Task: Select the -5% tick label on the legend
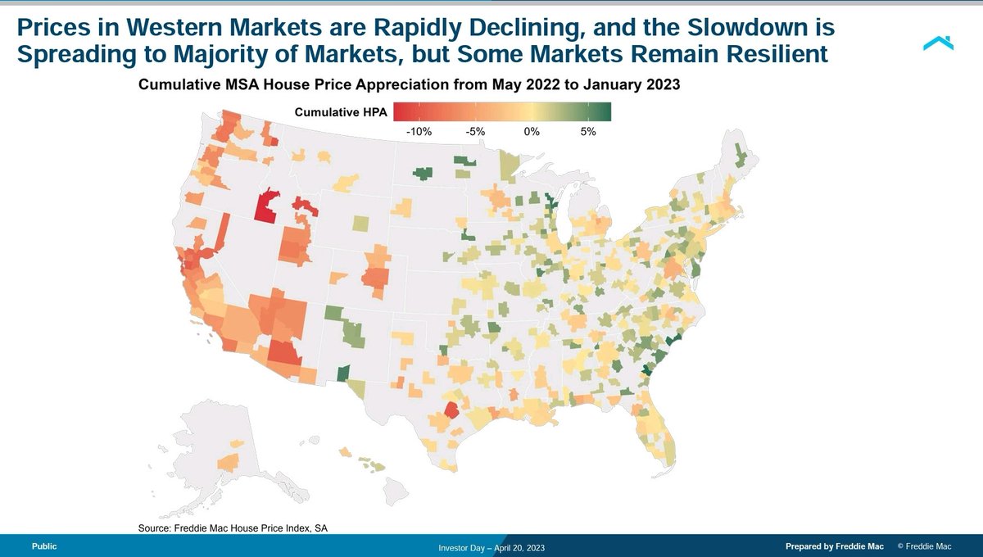point(475,131)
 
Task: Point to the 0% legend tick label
point(531,131)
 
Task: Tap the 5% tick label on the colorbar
point(587,131)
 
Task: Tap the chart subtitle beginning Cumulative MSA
point(410,85)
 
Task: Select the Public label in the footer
point(44,546)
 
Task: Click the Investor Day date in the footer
point(491,547)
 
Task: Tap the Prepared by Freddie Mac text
point(834,546)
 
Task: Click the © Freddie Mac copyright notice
point(924,546)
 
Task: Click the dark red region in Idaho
point(265,207)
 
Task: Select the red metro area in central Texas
point(451,410)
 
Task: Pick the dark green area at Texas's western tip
point(342,374)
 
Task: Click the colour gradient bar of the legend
point(502,112)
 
